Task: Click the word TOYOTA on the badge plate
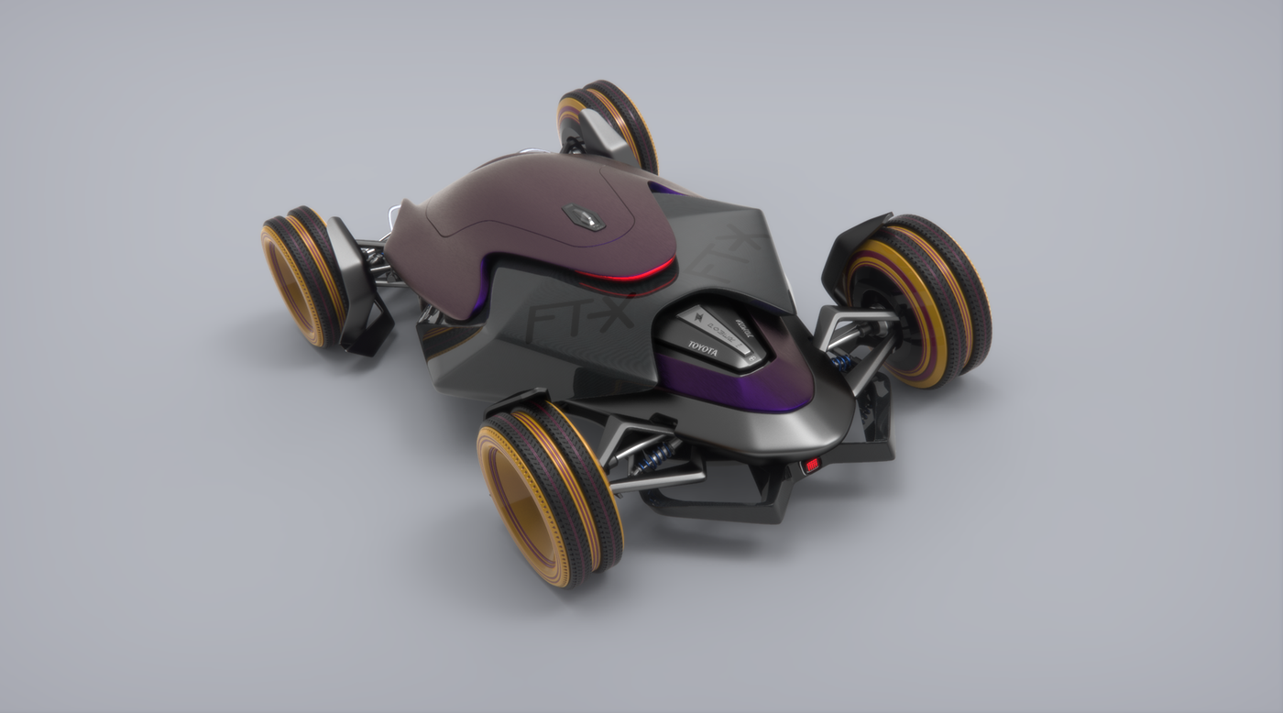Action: coord(703,347)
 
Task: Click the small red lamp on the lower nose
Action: coord(810,466)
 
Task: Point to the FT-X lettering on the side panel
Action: coord(555,322)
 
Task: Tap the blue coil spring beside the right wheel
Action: coord(841,361)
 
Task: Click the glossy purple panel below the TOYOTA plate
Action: coord(733,385)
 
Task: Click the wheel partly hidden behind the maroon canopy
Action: coord(609,124)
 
